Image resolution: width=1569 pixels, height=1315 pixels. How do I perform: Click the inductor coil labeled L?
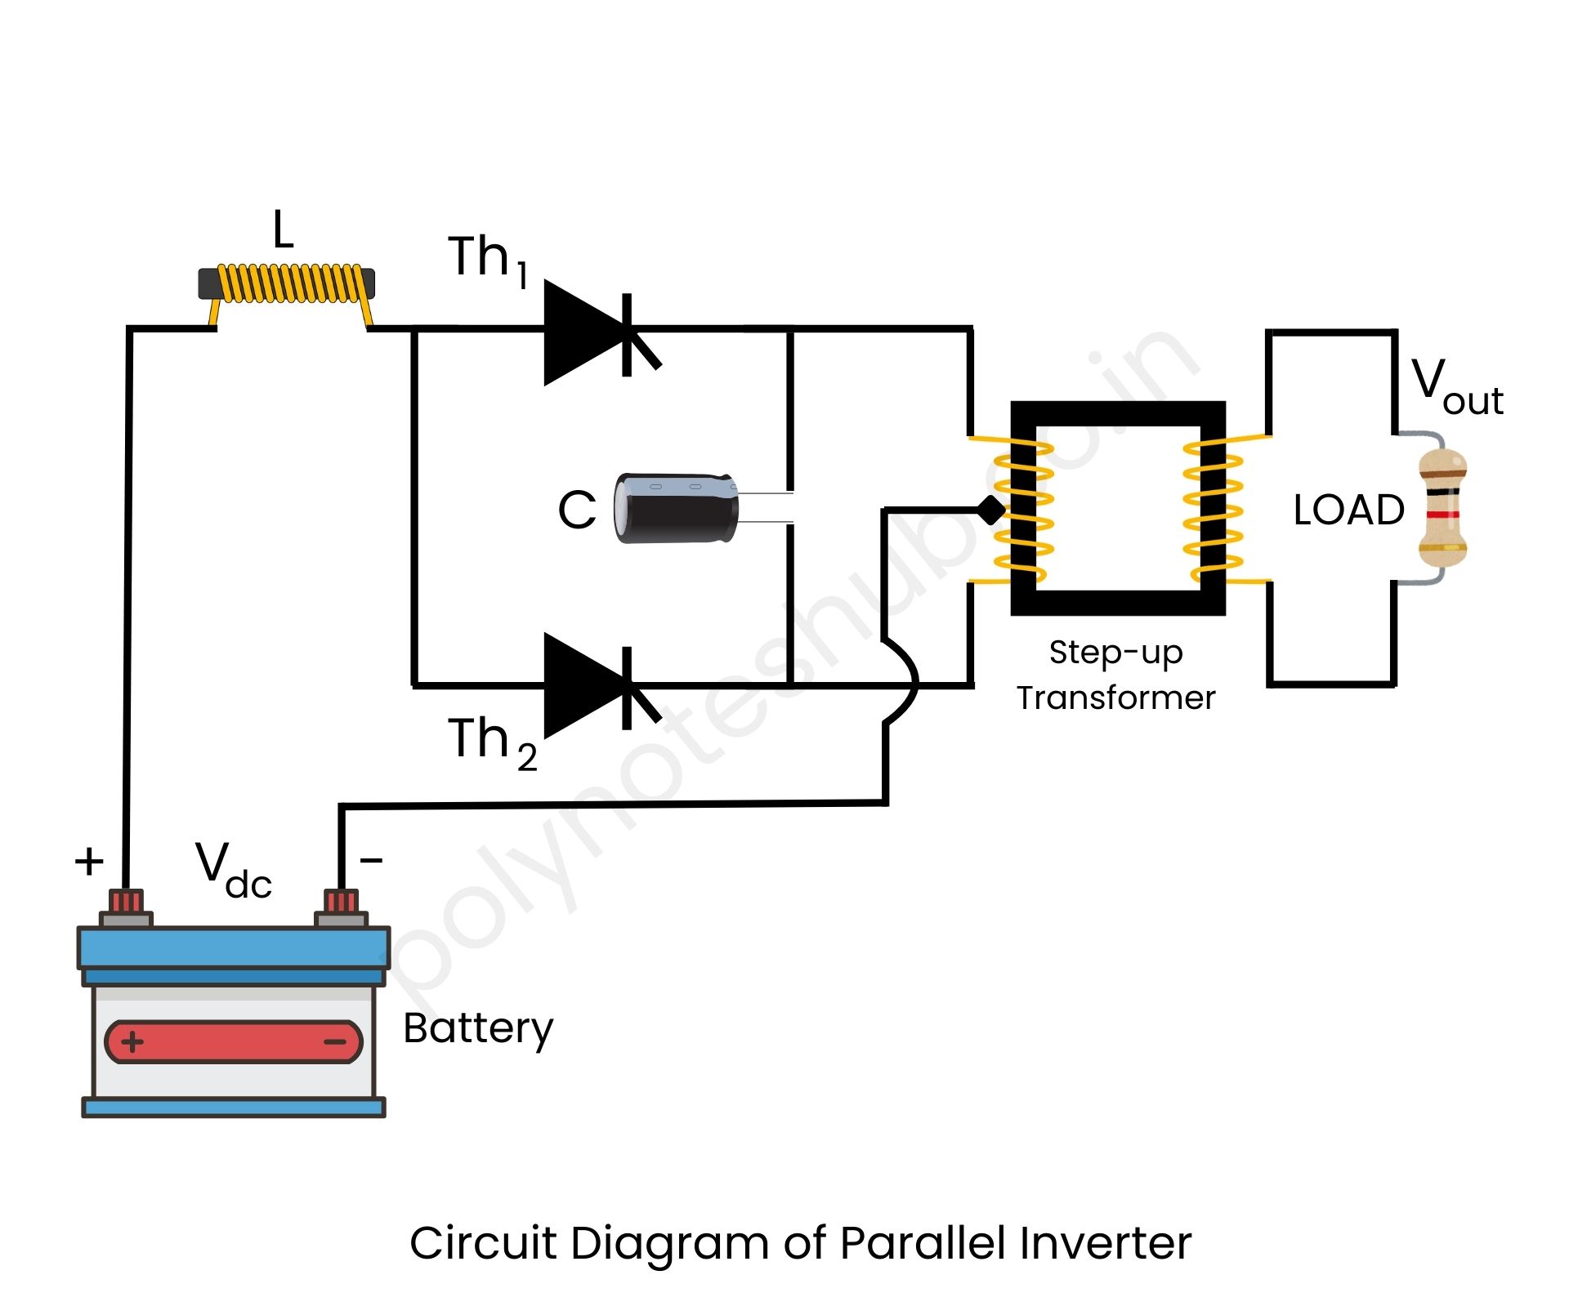[288, 283]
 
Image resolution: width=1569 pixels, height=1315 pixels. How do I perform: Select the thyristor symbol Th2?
[597, 685]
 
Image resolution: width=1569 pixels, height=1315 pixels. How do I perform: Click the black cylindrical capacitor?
[677, 508]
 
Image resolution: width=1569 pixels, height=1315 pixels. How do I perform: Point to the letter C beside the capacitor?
[577, 510]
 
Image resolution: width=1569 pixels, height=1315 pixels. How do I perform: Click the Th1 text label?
[488, 260]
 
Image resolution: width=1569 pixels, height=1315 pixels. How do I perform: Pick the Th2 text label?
[491, 742]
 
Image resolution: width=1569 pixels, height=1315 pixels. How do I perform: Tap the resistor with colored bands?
[1442, 507]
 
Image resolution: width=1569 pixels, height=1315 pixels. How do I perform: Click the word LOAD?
[1348, 510]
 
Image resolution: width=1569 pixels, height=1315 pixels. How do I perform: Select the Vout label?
[1456, 386]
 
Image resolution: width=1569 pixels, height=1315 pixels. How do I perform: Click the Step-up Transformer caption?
[1115, 675]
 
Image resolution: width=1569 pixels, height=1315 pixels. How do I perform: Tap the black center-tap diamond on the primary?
[991, 510]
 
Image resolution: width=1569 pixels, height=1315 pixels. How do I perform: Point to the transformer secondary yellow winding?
[1214, 510]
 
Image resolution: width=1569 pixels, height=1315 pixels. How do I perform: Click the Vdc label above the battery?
[232, 871]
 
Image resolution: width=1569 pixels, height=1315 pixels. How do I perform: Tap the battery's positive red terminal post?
[127, 903]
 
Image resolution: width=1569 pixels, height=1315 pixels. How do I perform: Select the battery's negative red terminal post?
[342, 903]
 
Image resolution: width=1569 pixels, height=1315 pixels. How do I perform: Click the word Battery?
[478, 1027]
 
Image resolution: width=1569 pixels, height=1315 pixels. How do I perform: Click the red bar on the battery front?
[234, 1041]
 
